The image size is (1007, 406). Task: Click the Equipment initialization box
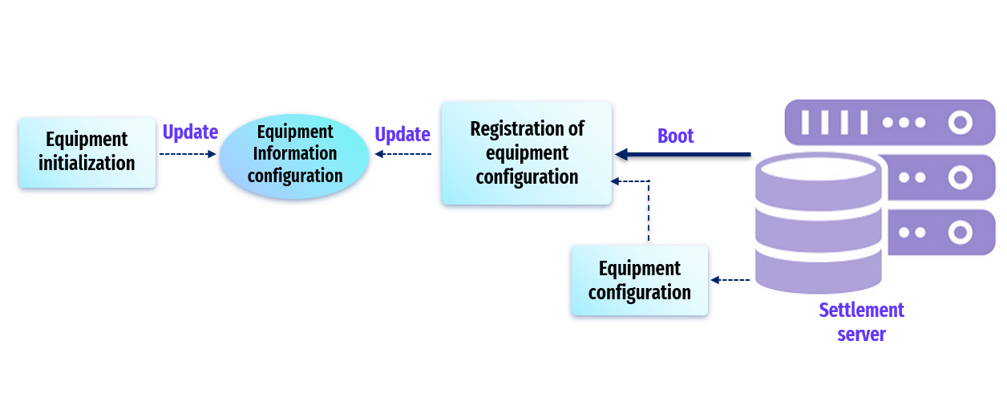pyautogui.click(x=87, y=152)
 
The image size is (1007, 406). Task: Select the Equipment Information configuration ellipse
pyautogui.click(x=294, y=156)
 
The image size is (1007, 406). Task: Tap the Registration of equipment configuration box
pyautogui.click(x=527, y=153)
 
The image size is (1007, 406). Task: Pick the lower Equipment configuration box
pyautogui.click(x=639, y=280)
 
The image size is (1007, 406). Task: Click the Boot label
pyautogui.click(x=675, y=136)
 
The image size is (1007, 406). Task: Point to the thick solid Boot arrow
pyautogui.click(x=683, y=154)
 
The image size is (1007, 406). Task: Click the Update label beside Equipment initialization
pyautogui.click(x=190, y=132)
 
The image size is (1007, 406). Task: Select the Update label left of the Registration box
pyautogui.click(x=402, y=134)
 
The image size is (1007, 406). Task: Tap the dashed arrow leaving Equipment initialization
pyautogui.click(x=188, y=154)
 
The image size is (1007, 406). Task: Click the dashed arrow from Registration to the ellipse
pyautogui.click(x=402, y=154)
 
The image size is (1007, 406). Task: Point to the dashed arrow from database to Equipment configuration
pyautogui.click(x=730, y=280)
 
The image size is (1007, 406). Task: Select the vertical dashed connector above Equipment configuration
pyautogui.click(x=649, y=211)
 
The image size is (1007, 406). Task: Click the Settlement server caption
pyautogui.click(x=861, y=322)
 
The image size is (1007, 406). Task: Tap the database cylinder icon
pyautogui.click(x=818, y=223)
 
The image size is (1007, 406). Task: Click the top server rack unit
pyautogui.click(x=890, y=123)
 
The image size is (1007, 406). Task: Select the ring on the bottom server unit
pyautogui.click(x=960, y=232)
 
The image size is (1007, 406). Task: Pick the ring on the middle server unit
pyautogui.click(x=960, y=177)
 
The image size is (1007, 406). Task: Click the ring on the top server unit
pyautogui.click(x=960, y=123)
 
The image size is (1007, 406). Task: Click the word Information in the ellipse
pyautogui.click(x=295, y=153)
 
